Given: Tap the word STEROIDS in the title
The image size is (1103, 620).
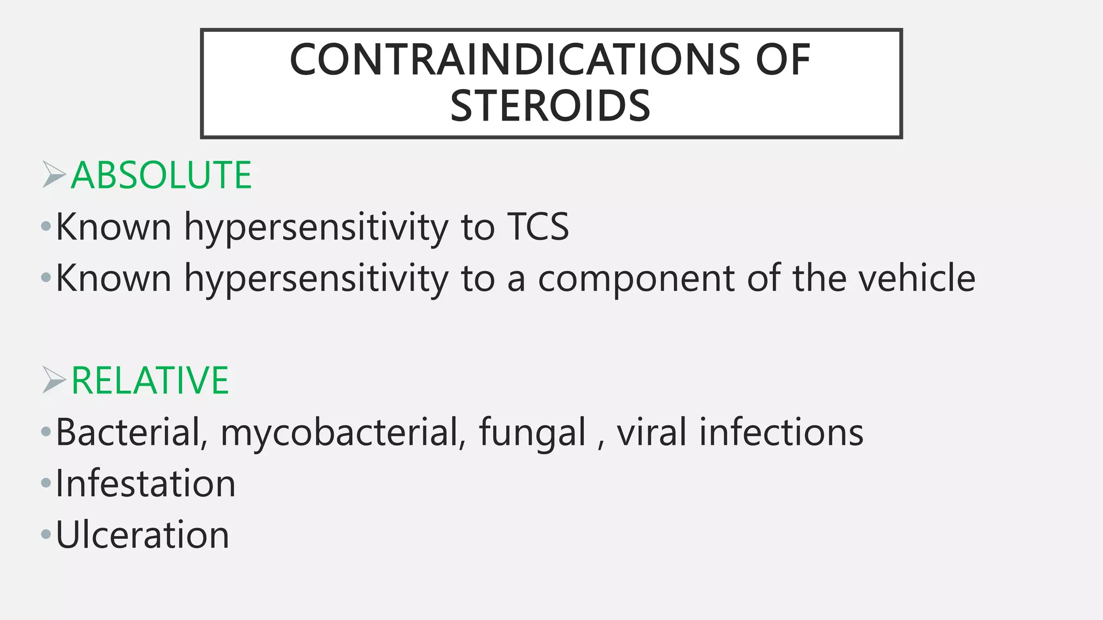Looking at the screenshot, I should pos(550,106).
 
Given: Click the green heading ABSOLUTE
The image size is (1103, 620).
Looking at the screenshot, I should pos(161,175).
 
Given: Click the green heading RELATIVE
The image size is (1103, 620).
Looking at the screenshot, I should pos(150,381).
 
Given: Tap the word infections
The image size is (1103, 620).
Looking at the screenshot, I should pos(781,432).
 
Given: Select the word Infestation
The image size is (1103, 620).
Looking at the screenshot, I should pos(145,483).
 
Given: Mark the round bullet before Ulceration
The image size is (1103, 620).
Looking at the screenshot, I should pos(46,535).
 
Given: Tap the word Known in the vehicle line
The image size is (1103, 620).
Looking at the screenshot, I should pos(114,278).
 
